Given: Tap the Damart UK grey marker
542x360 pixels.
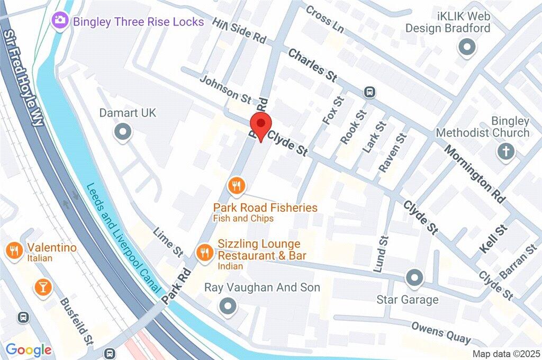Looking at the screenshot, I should [123, 132].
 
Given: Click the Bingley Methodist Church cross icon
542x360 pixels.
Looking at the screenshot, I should [506, 152].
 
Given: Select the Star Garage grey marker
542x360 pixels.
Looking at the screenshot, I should [414, 277].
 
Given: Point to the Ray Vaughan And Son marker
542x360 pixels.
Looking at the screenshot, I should [228, 305].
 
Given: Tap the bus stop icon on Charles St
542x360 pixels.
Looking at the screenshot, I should [369, 92].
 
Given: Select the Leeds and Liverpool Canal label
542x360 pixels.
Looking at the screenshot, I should [122, 238].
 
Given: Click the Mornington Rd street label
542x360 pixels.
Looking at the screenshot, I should [475, 172].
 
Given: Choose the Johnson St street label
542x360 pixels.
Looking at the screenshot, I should [226, 88].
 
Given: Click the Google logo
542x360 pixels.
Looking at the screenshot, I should [28, 349].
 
